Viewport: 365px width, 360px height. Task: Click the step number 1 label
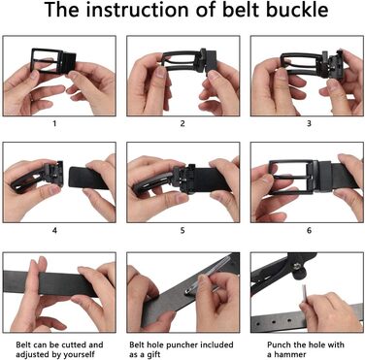(54, 123)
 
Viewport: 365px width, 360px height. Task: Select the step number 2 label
(182, 123)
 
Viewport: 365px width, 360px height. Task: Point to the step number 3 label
(309, 123)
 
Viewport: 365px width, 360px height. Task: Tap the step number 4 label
(54, 230)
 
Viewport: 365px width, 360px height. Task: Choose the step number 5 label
(182, 230)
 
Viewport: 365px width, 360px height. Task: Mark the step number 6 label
(309, 230)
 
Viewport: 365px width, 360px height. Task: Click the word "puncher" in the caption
(183, 345)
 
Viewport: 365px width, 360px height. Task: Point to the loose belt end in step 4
(88, 178)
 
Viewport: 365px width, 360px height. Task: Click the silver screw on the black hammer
(297, 266)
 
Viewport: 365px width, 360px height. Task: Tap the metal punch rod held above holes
(305, 294)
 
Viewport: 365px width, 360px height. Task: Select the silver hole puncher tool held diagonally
(207, 276)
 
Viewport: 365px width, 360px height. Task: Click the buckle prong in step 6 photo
(291, 178)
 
